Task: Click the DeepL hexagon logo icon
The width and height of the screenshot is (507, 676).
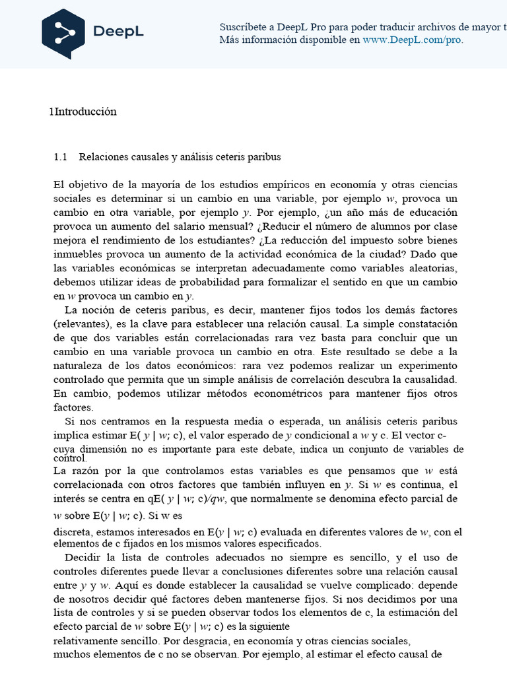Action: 63,34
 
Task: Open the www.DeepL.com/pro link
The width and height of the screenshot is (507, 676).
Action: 412,40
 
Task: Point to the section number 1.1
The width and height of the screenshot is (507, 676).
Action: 61,157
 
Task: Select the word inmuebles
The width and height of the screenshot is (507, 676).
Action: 78,254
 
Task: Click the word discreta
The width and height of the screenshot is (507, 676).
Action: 73,531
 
